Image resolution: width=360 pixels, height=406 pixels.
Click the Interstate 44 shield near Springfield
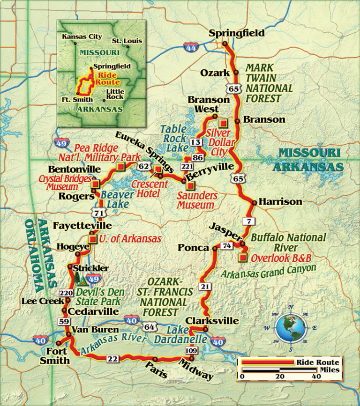click(190, 46)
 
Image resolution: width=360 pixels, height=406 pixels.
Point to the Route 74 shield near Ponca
click(227, 246)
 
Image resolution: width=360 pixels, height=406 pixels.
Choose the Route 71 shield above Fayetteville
click(99, 214)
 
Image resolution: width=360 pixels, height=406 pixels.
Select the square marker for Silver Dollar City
click(224, 123)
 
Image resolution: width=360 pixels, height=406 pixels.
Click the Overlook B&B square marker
click(242, 257)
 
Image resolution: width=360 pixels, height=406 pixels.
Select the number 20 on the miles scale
click(280, 376)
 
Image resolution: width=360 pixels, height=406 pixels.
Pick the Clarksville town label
click(212, 321)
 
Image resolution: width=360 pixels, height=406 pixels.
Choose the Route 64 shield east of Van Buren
click(150, 327)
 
